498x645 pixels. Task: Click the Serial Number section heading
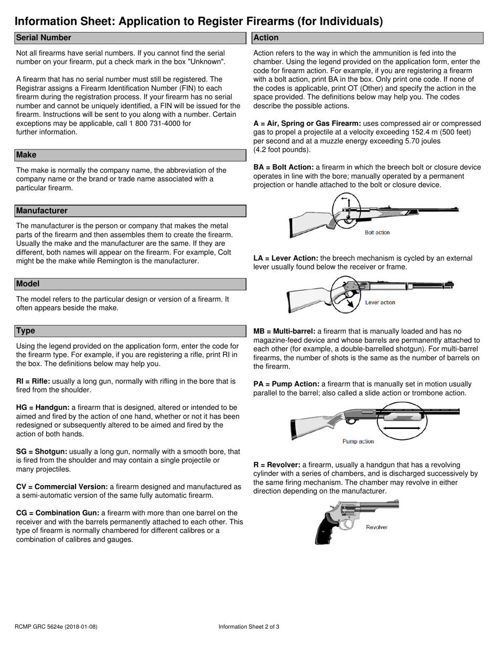(x=44, y=38)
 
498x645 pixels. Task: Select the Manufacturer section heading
(x=42, y=211)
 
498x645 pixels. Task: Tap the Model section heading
(x=28, y=284)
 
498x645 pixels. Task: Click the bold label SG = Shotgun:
(x=41, y=451)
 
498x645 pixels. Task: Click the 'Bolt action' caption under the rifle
(x=377, y=232)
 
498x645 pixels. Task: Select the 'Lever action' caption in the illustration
(x=380, y=303)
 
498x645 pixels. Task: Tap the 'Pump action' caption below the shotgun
(x=358, y=442)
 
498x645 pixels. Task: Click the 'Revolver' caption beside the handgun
(x=376, y=527)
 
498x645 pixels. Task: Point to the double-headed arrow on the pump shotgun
(x=402, y=428)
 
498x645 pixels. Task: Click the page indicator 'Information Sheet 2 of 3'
(x=249, y=627)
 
